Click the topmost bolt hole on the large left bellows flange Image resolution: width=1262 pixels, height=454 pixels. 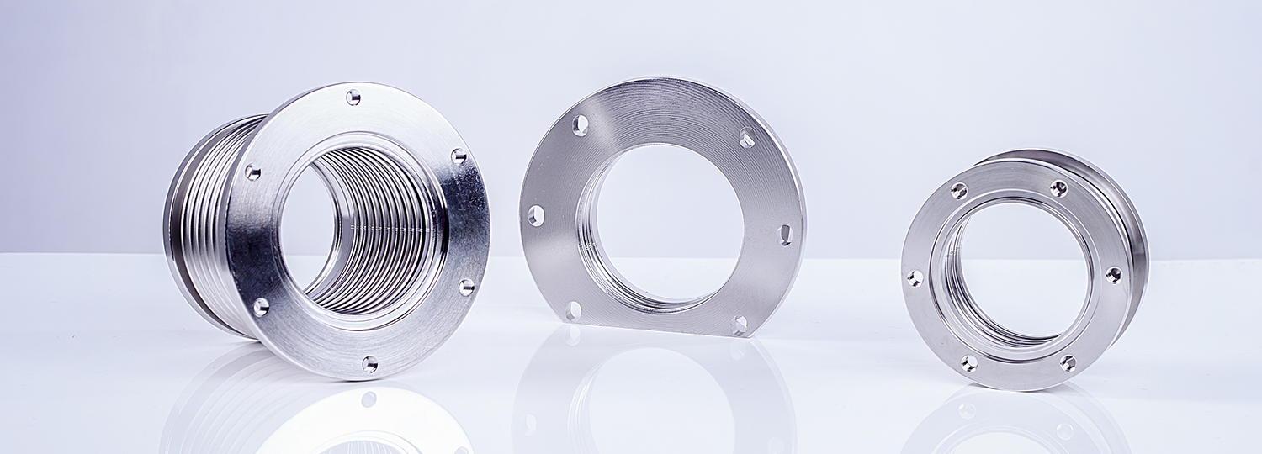pyautogui.click(x=353, y=97)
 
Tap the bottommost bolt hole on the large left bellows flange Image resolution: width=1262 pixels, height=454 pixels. pyautogui.click(x=369, y=363)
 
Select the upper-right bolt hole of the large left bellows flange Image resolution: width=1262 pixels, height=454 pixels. pyautogui.click(x=459, y=156)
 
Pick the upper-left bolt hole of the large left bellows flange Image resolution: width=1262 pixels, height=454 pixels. pyautogui.click(x=252, y=172)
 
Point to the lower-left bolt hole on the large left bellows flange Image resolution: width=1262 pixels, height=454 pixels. pyautogui.click(x=261, y=307)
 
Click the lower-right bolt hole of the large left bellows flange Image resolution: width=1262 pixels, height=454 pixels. pyautogui.click(x=466, y=288)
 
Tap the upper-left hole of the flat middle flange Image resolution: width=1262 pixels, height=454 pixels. pyautogui.click(x=581, y=125)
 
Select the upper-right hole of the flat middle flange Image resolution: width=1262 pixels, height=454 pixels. pyautogui.click(x=747, y=137)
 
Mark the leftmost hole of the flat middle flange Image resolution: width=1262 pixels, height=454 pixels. pyautogui.click(x=535, y=216)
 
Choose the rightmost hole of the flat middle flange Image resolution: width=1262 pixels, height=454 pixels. pyautogui.click(x=785, y=235)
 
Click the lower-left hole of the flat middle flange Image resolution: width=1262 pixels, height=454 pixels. pyautogui.click(x=573, y=312)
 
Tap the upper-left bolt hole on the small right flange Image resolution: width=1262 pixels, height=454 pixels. pyautogui.click(x=958, y=191)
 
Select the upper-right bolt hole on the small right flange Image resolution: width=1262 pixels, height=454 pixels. pyautogui.click(x=1058, y=188)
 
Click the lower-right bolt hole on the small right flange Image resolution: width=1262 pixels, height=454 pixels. pyautogui.click(x=1068, y=363)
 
